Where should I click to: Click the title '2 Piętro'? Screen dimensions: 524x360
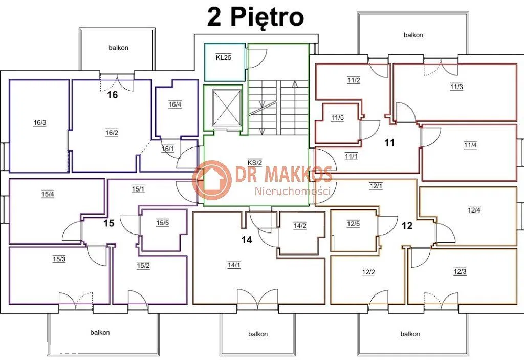point(256,17)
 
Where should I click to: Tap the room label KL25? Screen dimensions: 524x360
point(224,57)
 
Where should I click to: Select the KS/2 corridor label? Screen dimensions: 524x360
point(255,163)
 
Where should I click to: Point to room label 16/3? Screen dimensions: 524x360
point(40,123)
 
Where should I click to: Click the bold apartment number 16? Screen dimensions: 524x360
point(112,95)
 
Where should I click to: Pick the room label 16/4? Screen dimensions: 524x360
point(175,104)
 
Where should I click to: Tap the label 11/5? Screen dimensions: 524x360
point(338,118)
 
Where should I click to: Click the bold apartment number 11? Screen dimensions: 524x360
point(389,143)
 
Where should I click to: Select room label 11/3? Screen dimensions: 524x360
point(456,87)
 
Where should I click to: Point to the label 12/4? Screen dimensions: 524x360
point(474,210)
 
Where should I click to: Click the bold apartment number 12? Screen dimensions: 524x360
point(407,226)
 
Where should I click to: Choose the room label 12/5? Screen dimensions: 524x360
point(353,224)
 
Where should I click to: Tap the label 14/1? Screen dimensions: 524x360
point(234,265)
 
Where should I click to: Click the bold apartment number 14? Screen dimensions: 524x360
point(247,240)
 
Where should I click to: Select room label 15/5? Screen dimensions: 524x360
point(162,223)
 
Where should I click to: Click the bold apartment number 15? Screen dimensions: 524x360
point(108,223)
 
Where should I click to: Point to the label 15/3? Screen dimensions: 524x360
point(59,259)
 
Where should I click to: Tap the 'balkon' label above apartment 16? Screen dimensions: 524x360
point(118,48)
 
